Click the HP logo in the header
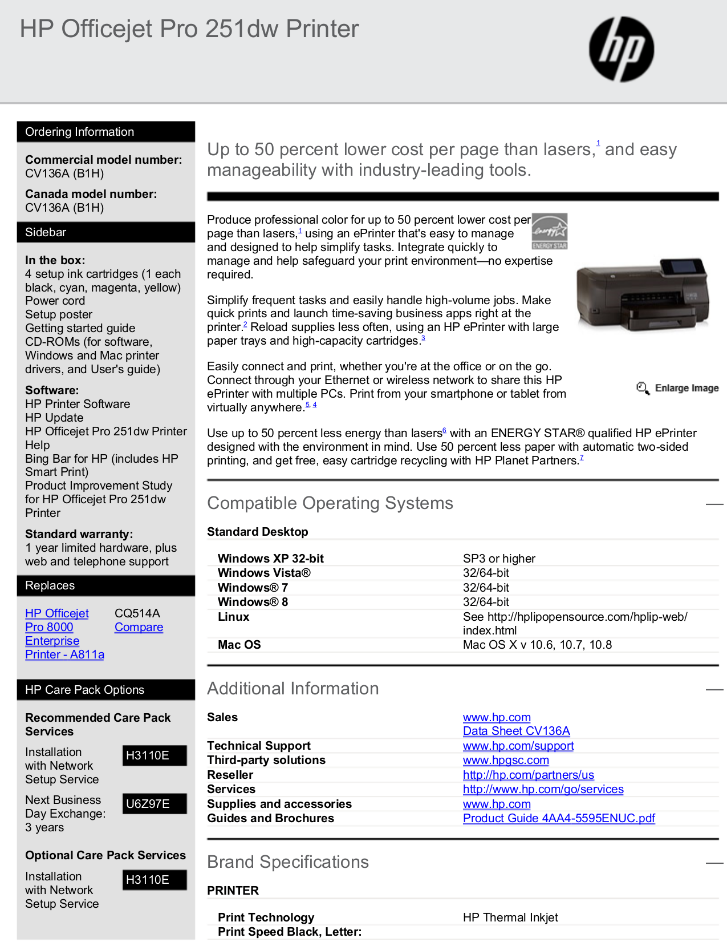click(622, 48)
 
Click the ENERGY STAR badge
click(550, 231)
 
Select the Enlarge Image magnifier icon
click(643, 388)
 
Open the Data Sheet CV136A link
click(516, 731)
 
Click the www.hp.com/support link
click(518, 746)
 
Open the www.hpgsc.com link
click(506, 760)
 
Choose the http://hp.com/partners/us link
click(528, 775)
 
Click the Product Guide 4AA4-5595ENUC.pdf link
click(559, 818)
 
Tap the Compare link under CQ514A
click(139, 627)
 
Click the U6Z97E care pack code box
click(155, 804)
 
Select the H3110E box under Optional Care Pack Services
click(155, 880)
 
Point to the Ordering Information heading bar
click(106, 132)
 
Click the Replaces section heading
click(106, 585)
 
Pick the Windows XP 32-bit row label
click(270, 559)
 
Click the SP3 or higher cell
click(499, 559)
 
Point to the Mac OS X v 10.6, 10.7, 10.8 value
click(537, 645)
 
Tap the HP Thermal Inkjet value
click(510, 917)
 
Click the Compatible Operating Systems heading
click(330, 503)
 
